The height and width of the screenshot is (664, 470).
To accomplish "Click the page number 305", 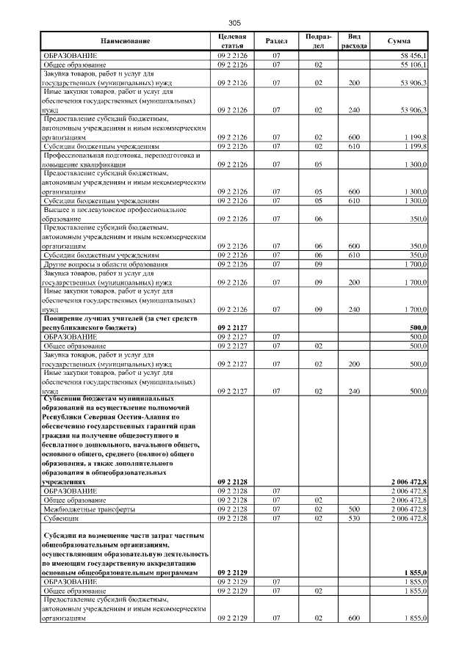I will click(234, 23).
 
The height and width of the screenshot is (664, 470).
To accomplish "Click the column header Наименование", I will click(126, 42).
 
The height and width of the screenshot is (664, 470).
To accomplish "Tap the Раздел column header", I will click(276, 41).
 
